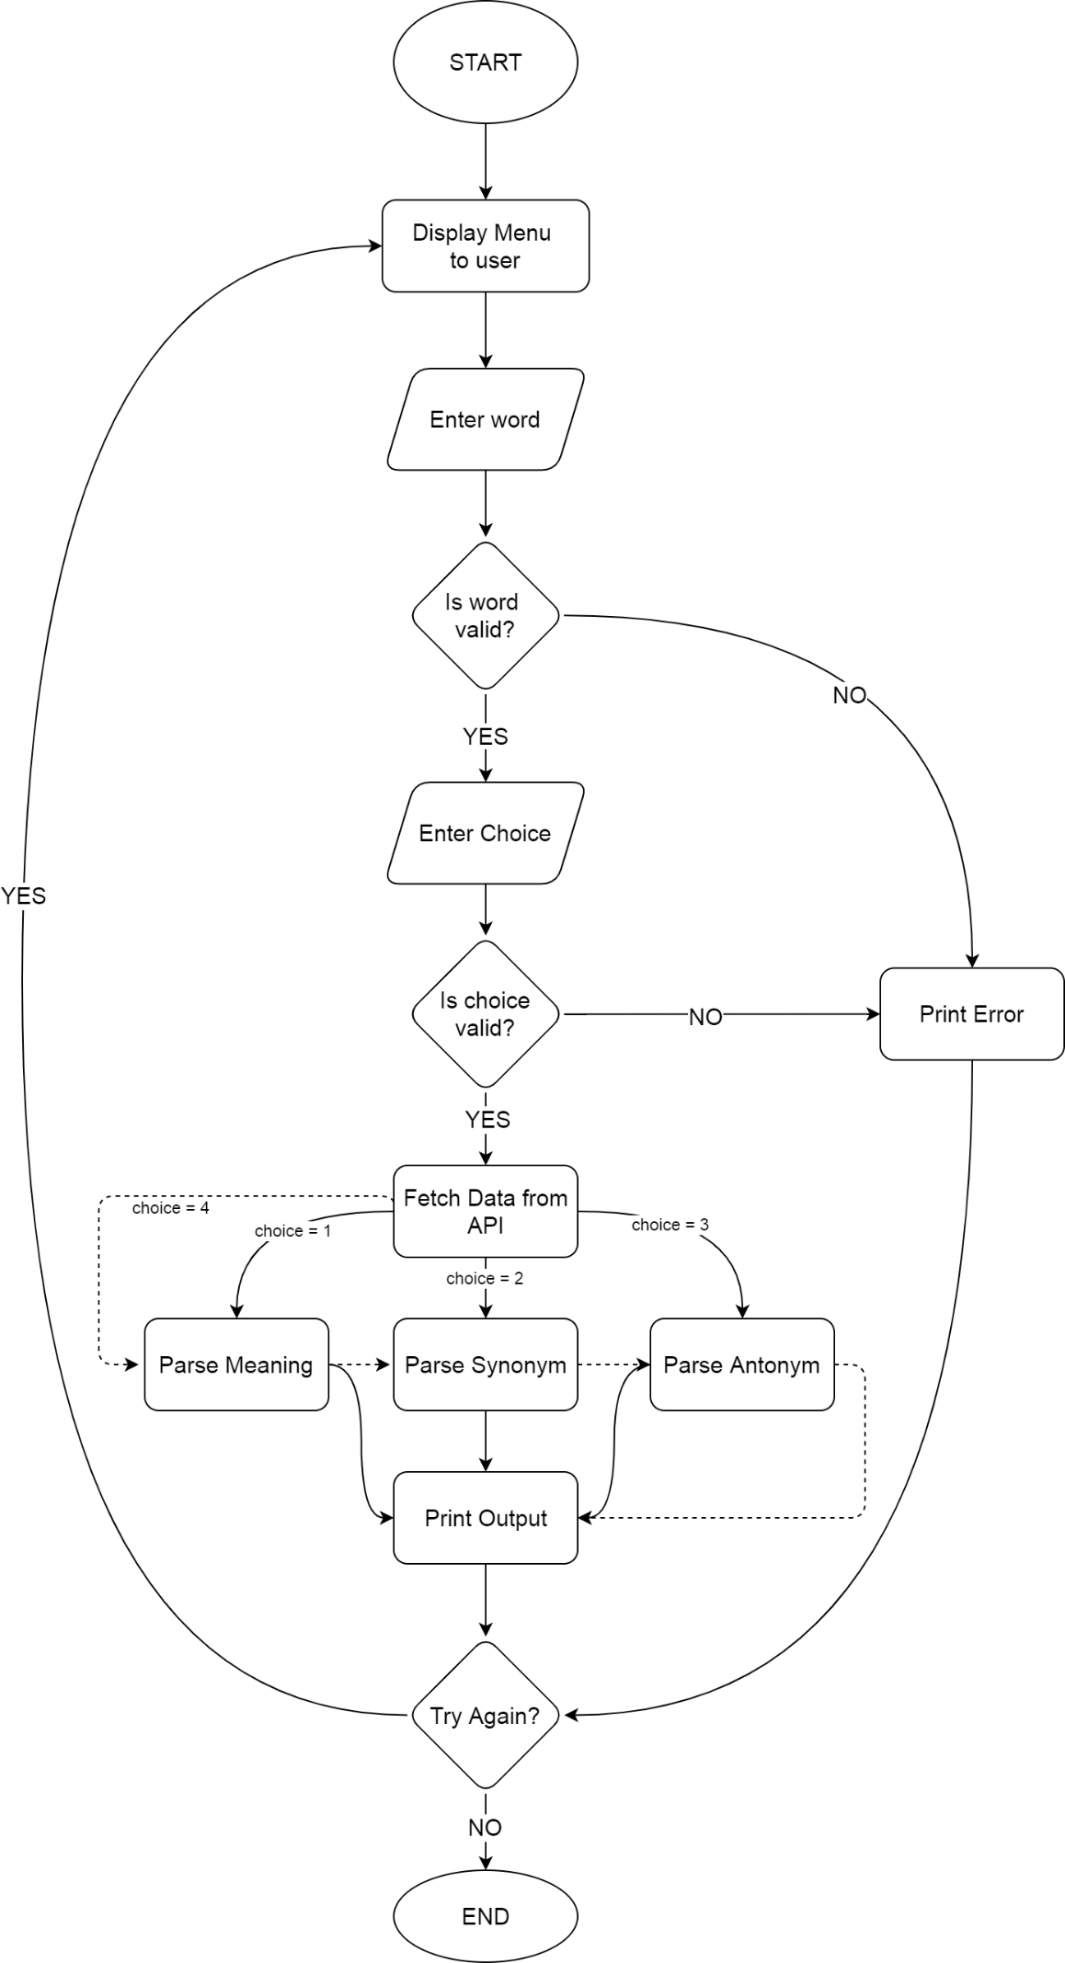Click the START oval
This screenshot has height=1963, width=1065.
click(485, 63)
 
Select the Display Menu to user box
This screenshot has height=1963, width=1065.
click(485, 246)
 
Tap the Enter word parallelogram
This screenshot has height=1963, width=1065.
click(485, 419)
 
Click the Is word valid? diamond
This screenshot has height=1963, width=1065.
click(485, 615)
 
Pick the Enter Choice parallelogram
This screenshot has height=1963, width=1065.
click(485, 833)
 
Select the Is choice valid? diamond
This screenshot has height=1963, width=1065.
click(485, 1013)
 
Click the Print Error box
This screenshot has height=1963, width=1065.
click(971, 1013)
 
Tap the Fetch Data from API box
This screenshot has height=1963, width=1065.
click(485, 1211)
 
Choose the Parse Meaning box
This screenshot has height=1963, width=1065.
click(236, 1364)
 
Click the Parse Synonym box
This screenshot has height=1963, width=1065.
click(485, 1364)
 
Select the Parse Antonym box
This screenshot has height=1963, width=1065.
click(741, 1364)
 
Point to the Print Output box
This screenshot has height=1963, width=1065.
click(485, 1518)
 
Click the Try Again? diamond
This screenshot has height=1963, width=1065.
click(485, 1716)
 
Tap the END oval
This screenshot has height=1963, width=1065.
click(485, 1916)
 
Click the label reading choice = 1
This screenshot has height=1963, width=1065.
click(292, 1230)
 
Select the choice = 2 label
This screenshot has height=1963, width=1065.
click(484, 1278)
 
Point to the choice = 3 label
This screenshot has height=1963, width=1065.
click(670, 1225)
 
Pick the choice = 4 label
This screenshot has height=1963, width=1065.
click(170, 1207)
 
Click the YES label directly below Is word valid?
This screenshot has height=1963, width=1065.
click(485, 736)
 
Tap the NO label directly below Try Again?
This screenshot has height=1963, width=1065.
click(485, 1827)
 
